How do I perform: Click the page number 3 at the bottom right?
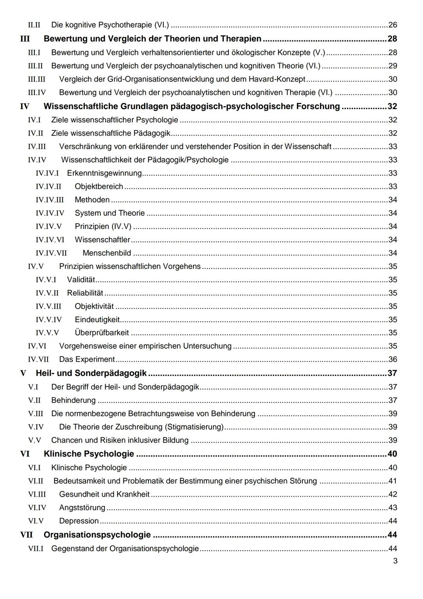point(395,561)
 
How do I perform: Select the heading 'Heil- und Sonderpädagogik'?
point(91,373)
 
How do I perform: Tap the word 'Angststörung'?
point(82,508)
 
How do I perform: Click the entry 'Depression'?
point(79,521)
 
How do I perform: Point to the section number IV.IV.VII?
point(51,253)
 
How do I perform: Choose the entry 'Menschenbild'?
point(107,253)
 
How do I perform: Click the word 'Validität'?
point(81,280)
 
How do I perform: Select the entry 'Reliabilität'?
point(85,293)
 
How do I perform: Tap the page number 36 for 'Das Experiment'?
point(392,359)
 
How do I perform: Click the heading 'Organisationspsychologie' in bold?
point(97,535)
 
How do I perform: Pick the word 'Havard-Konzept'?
point(277,79)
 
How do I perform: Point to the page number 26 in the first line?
point(392,25)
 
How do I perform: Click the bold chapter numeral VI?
point(25,454)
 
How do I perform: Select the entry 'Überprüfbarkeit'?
point(101,333)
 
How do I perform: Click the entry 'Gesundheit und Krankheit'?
point(104,494)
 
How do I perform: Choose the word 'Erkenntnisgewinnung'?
point(104,173)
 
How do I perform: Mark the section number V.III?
point(35,413)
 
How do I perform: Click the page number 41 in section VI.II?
point(392,481)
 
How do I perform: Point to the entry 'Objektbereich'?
point(99,186)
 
